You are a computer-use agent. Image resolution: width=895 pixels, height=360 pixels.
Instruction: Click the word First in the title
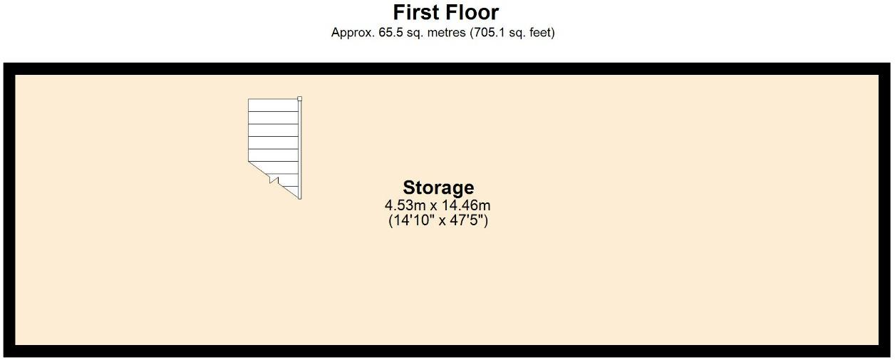417,12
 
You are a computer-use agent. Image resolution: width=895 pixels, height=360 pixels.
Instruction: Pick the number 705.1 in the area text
489,33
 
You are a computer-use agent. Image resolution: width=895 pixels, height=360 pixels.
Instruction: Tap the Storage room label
438,187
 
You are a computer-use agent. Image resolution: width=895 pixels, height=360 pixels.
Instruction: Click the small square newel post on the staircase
300,99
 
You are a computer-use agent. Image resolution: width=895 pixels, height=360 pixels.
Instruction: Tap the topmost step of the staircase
273,105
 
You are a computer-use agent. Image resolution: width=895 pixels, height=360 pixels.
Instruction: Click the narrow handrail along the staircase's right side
300,150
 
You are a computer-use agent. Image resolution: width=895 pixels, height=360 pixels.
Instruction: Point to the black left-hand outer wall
9,210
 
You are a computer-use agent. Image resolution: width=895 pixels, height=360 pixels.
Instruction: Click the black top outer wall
447,68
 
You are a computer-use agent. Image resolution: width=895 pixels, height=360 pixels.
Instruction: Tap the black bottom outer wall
447,351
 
